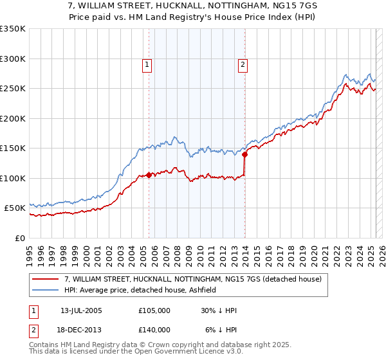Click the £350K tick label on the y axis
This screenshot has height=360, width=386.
(x=13, y=29)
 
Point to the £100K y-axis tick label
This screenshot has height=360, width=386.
(x=13, y=178)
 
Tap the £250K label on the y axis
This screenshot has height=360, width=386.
(x=13, y=89)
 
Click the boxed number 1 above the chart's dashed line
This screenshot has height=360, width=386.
(x=147, y=64)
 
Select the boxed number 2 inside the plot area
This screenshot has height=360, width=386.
(x=243, y=64)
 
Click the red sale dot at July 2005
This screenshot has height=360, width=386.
(x=149, y=175)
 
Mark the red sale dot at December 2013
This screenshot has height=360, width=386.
(x=245, y=154)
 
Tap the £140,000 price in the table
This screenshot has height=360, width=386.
(x=154, y=329)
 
